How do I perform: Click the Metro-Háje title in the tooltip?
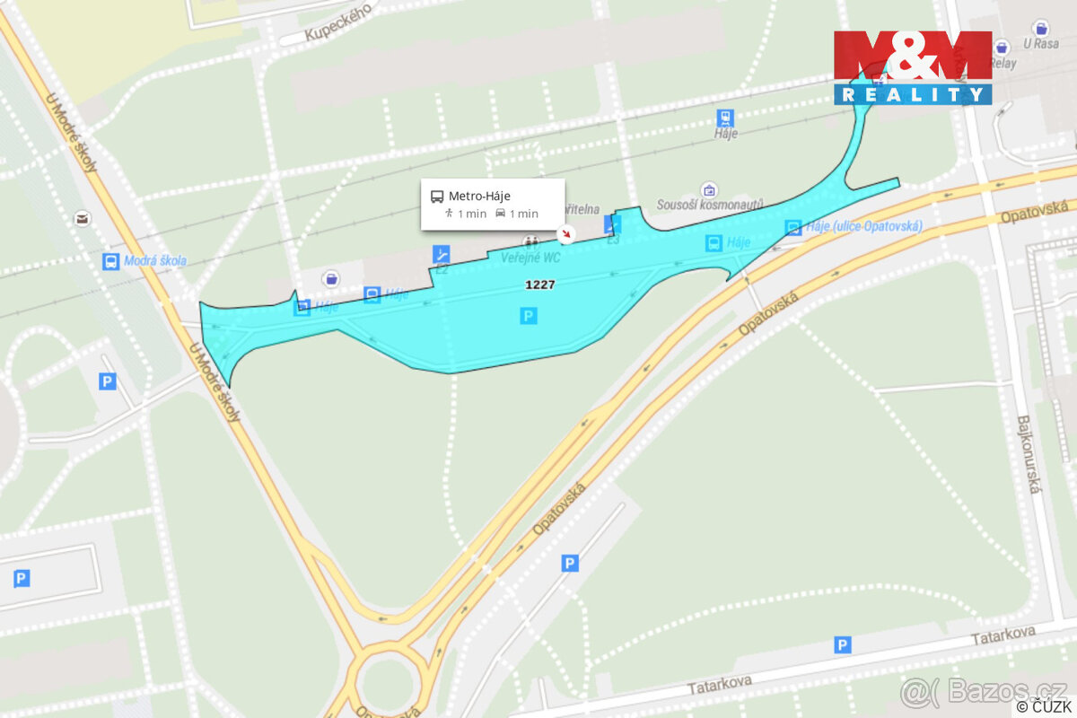tap(479, 196)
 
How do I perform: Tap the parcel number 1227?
tap(540, 285)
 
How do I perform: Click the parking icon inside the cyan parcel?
tap(529, 315)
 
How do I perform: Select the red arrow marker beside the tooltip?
tap(566, 234)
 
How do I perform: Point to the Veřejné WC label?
tap(530, 257)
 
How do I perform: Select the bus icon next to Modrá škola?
tap(110, 261)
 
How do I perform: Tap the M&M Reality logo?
tap(913, 67)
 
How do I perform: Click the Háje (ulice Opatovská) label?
tap(863, 226)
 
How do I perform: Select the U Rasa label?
tap(1039, 43)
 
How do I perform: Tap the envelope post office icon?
tap(83, 218)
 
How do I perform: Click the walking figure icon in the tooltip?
tap(449, 214)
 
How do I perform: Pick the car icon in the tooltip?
tap(500, 214)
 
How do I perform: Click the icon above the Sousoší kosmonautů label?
tap(710, 190)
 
